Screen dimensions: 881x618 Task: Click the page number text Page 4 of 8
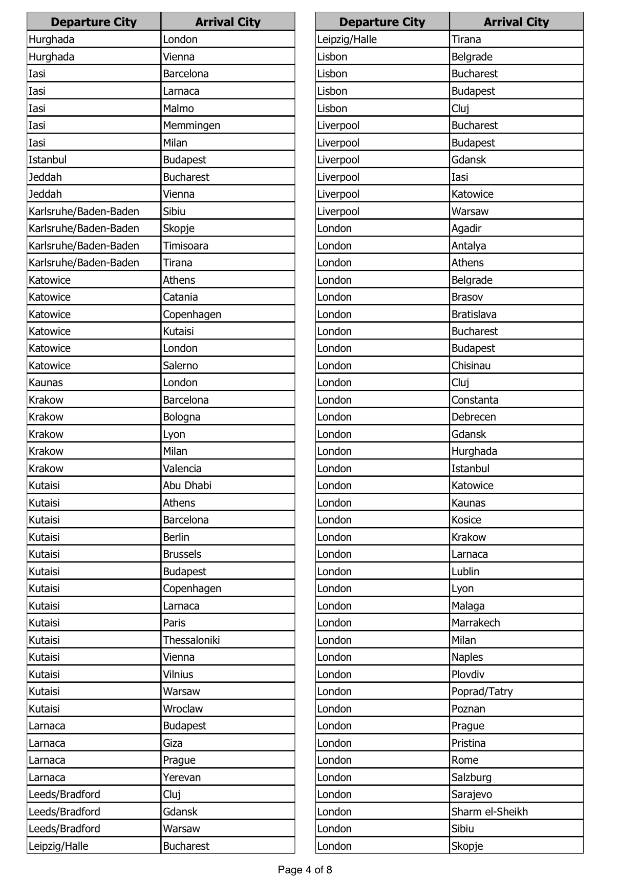(305, 870)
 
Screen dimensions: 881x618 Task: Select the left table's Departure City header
(94, 22)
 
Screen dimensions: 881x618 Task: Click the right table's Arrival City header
(516, 22)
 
